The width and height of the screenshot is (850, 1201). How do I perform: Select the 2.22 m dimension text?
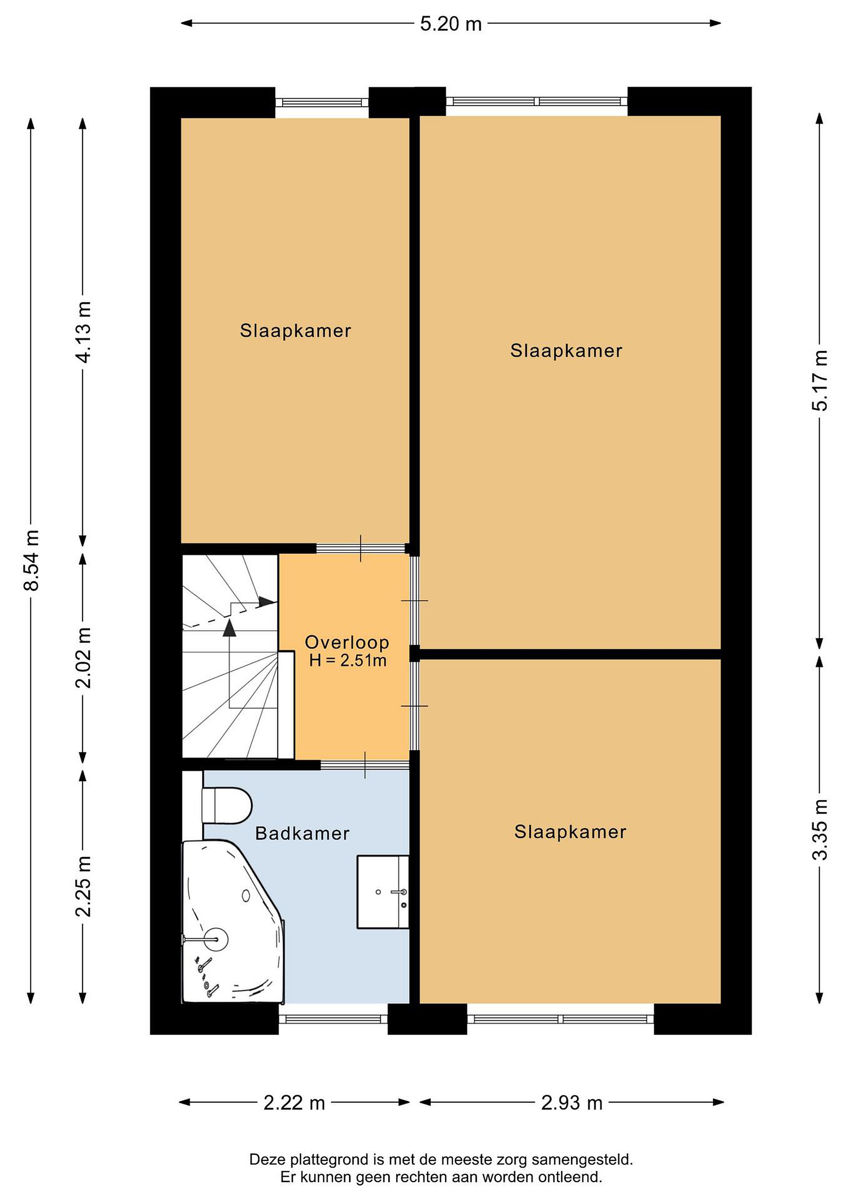(294, 1103)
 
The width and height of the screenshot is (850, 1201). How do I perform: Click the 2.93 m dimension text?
(572, 1103)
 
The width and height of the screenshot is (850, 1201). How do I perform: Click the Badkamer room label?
(302, 834)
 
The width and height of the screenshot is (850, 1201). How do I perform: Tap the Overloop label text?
(347, 643)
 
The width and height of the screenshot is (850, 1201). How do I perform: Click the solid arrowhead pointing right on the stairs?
(267, 602)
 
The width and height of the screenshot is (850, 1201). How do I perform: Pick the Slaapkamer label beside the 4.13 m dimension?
(295, 331)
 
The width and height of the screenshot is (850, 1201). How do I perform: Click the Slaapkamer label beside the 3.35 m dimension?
(570, 832)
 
